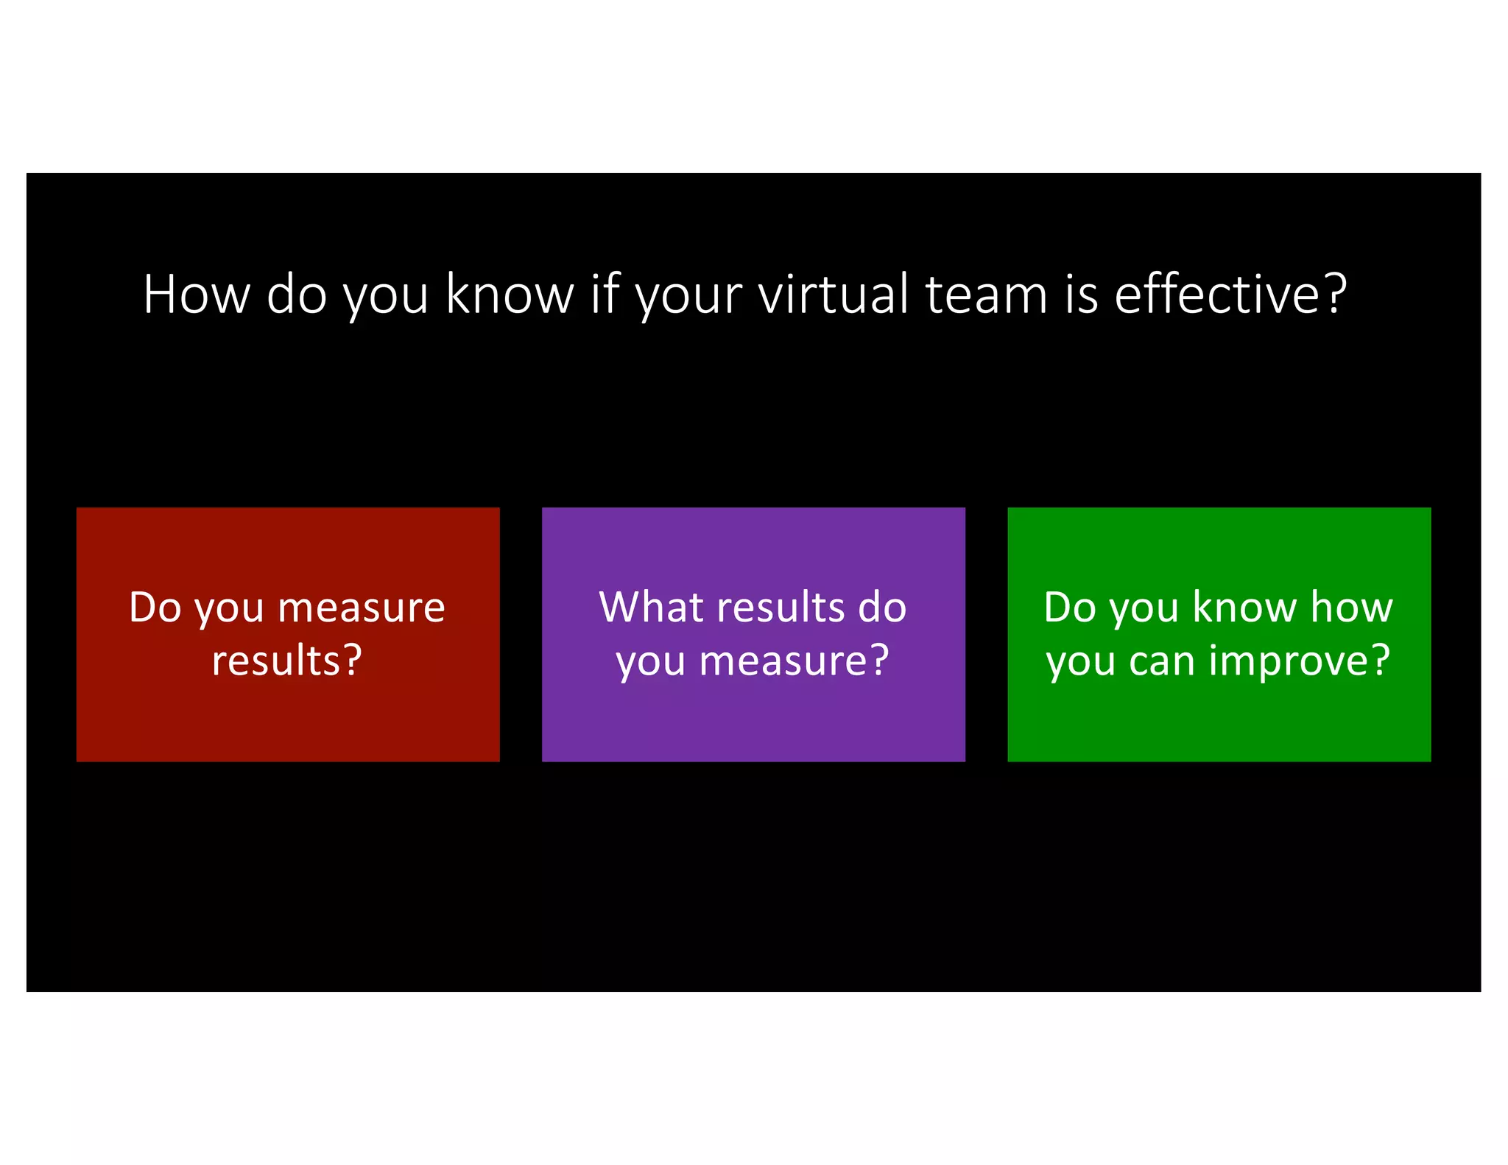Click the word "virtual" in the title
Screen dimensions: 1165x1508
(x=834, y=295)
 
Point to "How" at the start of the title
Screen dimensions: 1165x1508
(x=197, y=295)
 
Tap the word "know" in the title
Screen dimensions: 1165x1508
(x=510, y=295)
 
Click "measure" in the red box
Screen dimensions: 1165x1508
(x=362, y=609)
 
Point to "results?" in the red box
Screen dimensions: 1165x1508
(x=287, y=661)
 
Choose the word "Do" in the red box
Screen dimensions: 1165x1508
(x=155, y=608)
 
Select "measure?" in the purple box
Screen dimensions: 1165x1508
(x=794, y=661)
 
